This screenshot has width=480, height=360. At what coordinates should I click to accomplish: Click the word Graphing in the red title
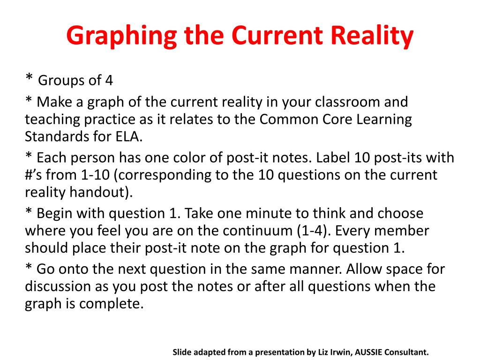click(x=121, y=36)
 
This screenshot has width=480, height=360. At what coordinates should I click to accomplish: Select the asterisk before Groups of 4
click(x=29, y=77)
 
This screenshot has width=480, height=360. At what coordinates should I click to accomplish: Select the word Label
click(x=333, y=157)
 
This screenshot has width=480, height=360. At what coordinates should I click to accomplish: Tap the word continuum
click(x=258, y=231)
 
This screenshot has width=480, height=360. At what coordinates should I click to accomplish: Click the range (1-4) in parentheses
click(x=314, y=231)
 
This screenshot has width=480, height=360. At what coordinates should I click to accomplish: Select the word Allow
click(x=364, y=269)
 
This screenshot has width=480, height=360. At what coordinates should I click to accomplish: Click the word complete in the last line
click(x=111, y=304)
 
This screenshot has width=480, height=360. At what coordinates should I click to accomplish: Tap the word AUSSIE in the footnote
click(x=367, y=352)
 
